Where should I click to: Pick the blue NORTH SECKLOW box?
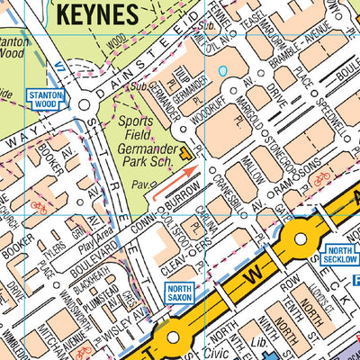[x=339, y=255]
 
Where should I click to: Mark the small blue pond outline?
[x=221, y=70]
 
